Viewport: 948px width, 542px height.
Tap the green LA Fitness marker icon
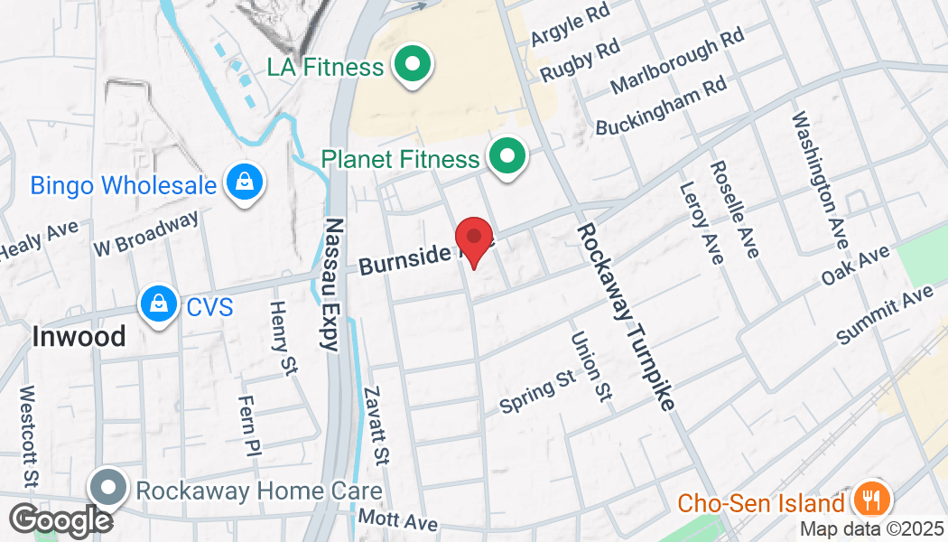pyautogui.click(x=414, y=67)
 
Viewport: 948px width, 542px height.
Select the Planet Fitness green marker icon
pyautogui.click(x=507, y=159)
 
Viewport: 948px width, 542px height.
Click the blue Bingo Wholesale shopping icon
pyautogui.click(x=244, y=184)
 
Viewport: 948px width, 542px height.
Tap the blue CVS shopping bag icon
pyautogui.click(x=159, y=307)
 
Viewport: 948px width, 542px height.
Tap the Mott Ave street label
pyautogui.click(x=398, y=520)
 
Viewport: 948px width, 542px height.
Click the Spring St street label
pyautogui.click(x=537, y=390)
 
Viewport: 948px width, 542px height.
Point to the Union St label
pyautogui.click(x=591, y=367)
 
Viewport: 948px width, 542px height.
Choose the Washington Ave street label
pyautogui.click(x=819, y=182)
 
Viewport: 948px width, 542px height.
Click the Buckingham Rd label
pyautogui.click(x=662, y=106)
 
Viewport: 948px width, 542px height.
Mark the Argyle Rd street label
pyautogui.click(x=571, y=24)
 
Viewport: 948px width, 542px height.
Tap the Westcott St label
pyautogui.click(x=28, y=436)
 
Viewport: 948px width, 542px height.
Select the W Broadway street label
pyautogui.click(x=145, y=234)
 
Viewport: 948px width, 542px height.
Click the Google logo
pyautogui.click(x=60, y=520)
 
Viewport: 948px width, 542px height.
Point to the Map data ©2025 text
pyautogui.click(x=870, y=529)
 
